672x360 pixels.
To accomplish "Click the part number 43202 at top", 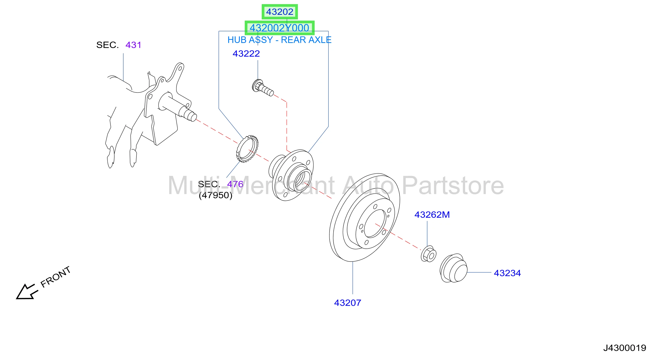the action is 279,12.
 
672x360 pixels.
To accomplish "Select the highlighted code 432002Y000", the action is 279,28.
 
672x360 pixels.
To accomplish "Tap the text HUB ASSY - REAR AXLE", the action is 279,40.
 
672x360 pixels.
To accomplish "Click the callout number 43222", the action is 246,54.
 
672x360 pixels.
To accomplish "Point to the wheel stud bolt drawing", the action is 263,88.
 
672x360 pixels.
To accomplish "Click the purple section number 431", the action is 133,45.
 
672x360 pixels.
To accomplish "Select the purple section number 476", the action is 235,184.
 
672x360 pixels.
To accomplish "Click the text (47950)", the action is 216,195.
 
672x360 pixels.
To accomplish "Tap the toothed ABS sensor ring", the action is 247,149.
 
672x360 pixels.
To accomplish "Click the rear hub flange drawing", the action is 291,175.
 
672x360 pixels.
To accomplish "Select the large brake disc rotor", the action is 364,217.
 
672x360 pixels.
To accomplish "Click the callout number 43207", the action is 347,303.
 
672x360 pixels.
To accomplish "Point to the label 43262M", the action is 432,215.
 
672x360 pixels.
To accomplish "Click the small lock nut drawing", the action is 428,254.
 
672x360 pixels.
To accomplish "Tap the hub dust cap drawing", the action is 454,268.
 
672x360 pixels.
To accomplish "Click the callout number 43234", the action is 507,273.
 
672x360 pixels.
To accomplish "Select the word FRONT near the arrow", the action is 56,277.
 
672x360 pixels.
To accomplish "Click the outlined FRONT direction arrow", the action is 27,291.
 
